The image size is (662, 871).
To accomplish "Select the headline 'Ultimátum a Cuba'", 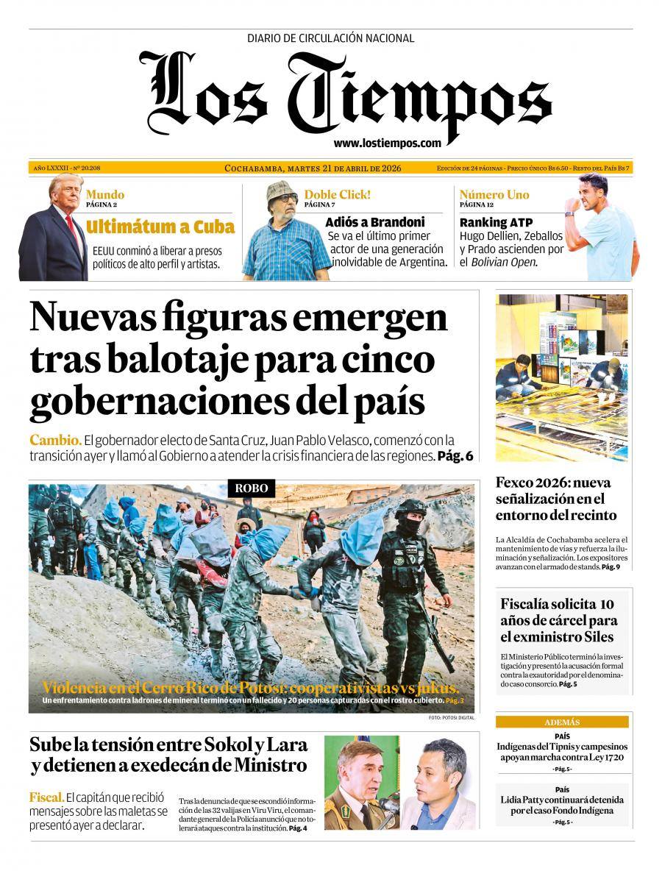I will click(x=160, y=227).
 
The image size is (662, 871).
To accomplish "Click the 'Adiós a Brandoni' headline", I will click(x=375, y=222).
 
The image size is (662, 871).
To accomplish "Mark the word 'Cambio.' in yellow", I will click(x=55, y=440).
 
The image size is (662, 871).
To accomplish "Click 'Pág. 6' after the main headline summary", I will click(x=455, y=455).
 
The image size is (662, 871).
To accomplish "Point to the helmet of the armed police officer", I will click(x=410, y=510).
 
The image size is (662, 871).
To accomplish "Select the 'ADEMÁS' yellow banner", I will click(x=562, y=722).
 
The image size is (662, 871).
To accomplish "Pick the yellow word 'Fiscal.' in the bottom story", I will click(x=46, y=797).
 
